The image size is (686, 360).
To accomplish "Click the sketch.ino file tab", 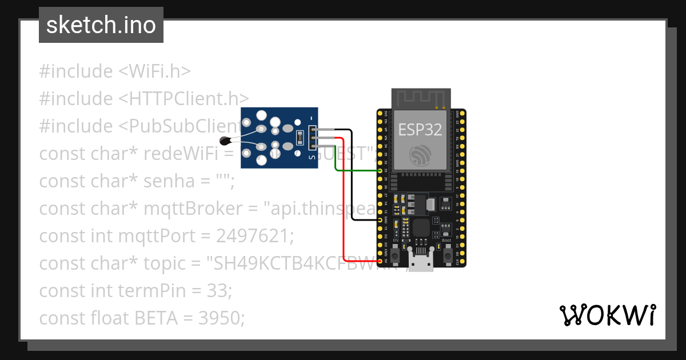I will [x=101, y=25].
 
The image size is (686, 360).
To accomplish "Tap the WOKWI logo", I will [x=607, y=315].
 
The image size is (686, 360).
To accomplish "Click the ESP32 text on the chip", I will [x=420, y=130].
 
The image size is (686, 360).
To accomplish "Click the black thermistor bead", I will [x=225, y=140].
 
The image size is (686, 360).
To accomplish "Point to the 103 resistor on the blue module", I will [x=300, y=138].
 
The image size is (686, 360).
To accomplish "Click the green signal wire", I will [x=354, y=170].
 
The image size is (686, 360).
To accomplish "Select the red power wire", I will [x=343, y=200].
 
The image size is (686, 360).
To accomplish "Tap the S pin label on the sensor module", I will [x=312, y=155].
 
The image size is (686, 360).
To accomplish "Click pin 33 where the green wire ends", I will [x=381, y=170].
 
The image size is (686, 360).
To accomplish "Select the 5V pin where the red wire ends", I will [x=381, y=261].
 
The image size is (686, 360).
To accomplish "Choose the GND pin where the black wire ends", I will [x=381, y=219].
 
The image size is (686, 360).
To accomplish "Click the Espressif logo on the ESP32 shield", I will [x=420, y=155].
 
